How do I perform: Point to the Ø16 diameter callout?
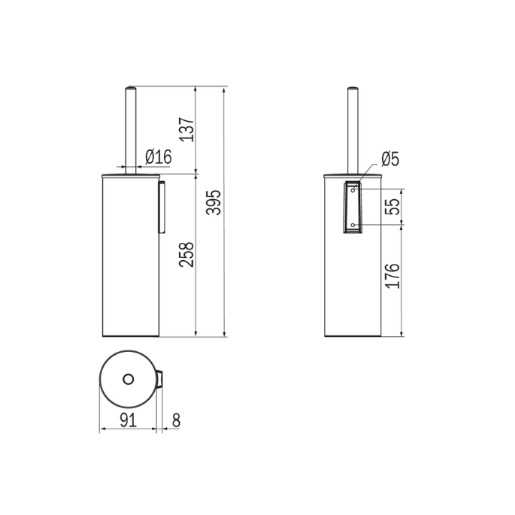tap(159, 156)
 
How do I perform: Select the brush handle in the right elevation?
tap(352, 128)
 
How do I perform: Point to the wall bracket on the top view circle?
tap(161, 379)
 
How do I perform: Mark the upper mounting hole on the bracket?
tap(352, 190)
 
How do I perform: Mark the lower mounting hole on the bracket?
tap(352, 224)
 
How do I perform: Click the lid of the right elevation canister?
tap(352, 174)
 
